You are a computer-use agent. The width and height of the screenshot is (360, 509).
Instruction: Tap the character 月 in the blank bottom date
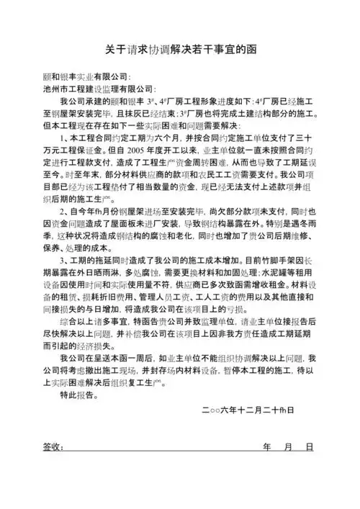point(289,448)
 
